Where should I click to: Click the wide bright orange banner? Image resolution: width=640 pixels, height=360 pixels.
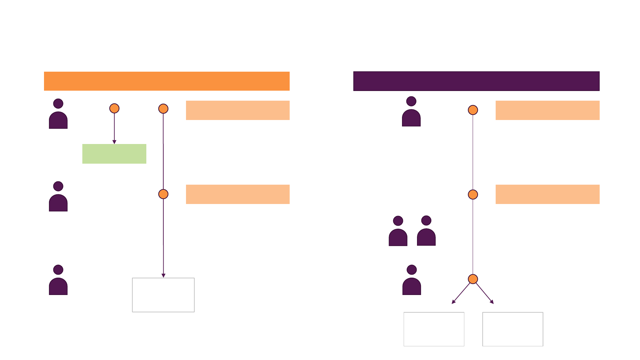167,81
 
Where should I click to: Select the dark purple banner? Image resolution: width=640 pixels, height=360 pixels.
476,81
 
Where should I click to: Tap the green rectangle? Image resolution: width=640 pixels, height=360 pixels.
114,154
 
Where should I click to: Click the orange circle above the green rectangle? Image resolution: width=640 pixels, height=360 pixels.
114,108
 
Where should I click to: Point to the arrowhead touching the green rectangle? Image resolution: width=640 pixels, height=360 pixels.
114,142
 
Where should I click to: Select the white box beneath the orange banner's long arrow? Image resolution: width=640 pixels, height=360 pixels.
163,295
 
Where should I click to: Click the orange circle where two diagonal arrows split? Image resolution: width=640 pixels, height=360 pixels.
473,279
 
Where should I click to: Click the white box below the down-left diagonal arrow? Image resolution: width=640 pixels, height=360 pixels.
434,329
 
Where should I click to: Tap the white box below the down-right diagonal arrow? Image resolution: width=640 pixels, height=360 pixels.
513,329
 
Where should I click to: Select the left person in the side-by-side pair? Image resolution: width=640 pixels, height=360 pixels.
398,232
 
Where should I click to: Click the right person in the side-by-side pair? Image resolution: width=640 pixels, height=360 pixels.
426,231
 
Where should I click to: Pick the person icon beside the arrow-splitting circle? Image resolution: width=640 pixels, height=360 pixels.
412,281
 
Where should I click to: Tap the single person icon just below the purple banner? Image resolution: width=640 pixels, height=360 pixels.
411,112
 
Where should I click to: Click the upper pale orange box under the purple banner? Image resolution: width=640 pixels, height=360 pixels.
547,110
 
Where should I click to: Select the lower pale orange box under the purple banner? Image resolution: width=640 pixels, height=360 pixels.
547,194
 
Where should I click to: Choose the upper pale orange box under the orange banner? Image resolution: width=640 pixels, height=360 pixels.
238,110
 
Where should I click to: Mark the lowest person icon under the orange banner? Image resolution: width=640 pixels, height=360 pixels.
58,281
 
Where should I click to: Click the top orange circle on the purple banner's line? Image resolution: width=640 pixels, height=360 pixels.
473,110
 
